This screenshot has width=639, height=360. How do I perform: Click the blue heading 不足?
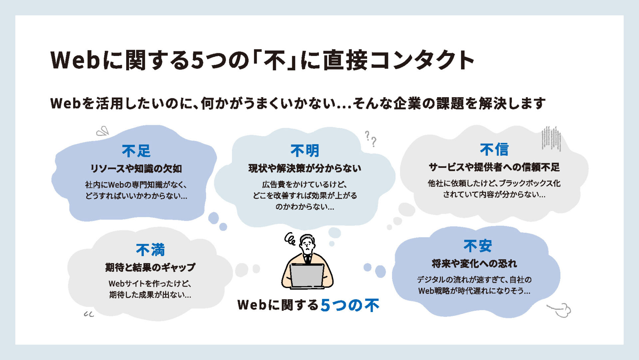(136, 151)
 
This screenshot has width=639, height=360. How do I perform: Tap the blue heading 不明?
(305, 151)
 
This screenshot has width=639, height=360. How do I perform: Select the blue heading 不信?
(494, 150)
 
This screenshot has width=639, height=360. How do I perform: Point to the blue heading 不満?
(150, 250)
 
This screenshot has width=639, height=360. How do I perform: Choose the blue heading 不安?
(478, 246)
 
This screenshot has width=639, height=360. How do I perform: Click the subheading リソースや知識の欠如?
(136, 169)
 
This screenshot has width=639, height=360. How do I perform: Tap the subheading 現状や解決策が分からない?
(305, 168)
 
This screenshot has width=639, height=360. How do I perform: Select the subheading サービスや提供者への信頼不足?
(494, 167)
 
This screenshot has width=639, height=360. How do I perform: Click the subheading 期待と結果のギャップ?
(150, 267)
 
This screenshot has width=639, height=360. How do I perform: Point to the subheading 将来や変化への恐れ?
(474, 264)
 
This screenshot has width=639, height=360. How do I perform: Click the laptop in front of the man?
(307, 276)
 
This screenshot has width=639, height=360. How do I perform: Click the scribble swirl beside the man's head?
(290, 239)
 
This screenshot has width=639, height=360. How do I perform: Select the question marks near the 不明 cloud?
(371, 139)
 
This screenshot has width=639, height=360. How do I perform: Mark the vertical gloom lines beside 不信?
(551, 139)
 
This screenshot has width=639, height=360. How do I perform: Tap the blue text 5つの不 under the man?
(350, 305)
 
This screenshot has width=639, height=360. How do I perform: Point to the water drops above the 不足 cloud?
(103, 131)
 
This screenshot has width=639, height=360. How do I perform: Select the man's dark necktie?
(308, 259)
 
